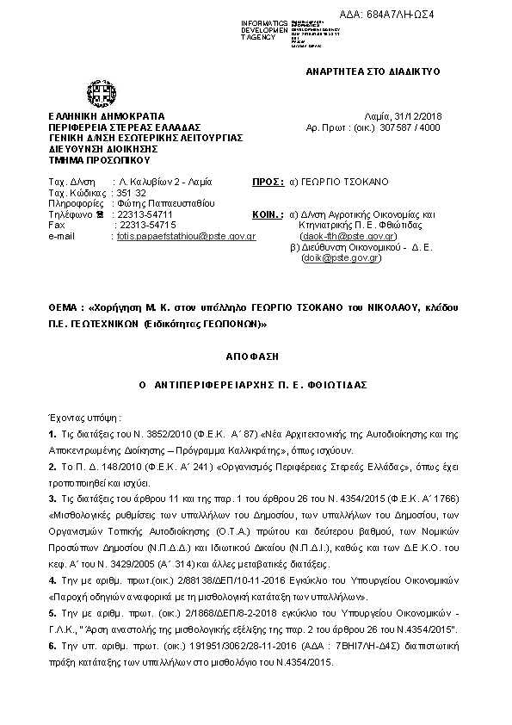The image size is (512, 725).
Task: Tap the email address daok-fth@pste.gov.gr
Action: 348,236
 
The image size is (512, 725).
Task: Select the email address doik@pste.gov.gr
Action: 341,257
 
